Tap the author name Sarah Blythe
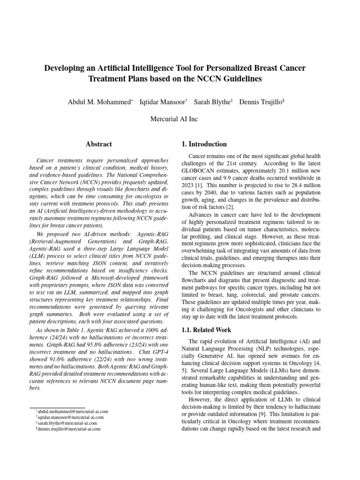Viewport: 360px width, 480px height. tap(211, 102)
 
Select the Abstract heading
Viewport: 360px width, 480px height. tap(99, 144)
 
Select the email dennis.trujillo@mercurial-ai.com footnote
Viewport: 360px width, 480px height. tap(70, 428)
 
